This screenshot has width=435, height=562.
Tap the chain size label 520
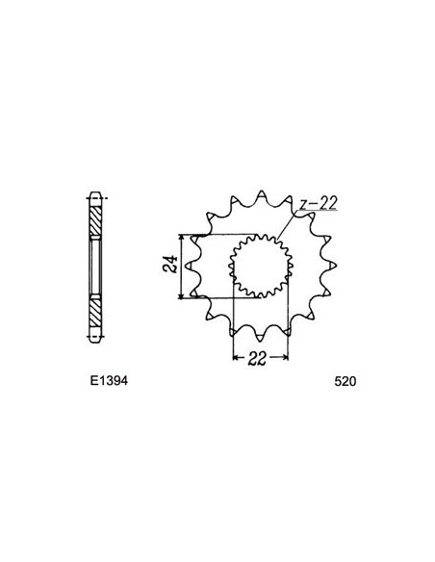click(x=345, y=380)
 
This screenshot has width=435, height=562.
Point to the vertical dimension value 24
click(x=169, y=266)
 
